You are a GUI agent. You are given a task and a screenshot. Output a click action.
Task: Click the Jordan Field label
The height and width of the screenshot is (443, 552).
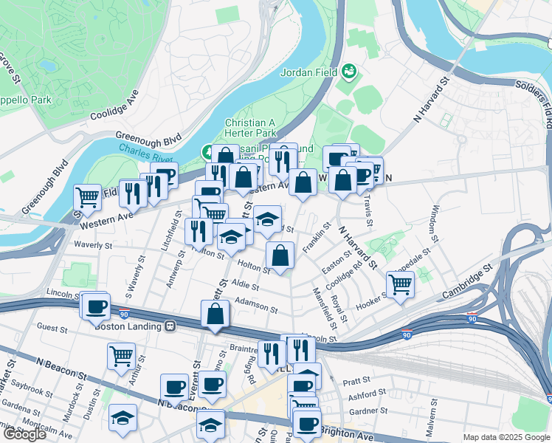tap(308, 72)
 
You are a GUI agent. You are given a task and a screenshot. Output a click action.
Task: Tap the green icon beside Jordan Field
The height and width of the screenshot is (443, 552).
tap(348, 72)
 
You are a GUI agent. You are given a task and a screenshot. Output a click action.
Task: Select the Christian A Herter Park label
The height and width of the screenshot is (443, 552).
tap(250, 128)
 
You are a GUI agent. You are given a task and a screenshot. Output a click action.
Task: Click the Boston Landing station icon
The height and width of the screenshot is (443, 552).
tap(170, 325)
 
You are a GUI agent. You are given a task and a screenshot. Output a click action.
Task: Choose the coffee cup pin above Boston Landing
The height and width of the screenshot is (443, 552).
tap(97, 305)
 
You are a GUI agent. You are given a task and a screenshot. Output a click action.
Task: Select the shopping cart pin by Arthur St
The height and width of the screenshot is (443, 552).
tap(121, 355)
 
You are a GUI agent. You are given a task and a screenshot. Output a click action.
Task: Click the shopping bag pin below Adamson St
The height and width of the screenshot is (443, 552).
tap(214, 314)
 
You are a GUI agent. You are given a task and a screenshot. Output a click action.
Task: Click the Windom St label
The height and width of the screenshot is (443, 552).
tap(433, 224)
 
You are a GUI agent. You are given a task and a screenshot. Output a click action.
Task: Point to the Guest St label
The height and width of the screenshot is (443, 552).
tap(52, 326)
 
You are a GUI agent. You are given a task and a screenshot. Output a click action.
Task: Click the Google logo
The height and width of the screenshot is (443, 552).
tap(25, 434)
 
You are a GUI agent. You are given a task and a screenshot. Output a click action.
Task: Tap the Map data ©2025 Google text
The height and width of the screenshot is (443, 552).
tap(506, 437)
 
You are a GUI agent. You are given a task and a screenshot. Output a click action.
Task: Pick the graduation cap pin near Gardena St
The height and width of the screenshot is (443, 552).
tap(123, 417)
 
